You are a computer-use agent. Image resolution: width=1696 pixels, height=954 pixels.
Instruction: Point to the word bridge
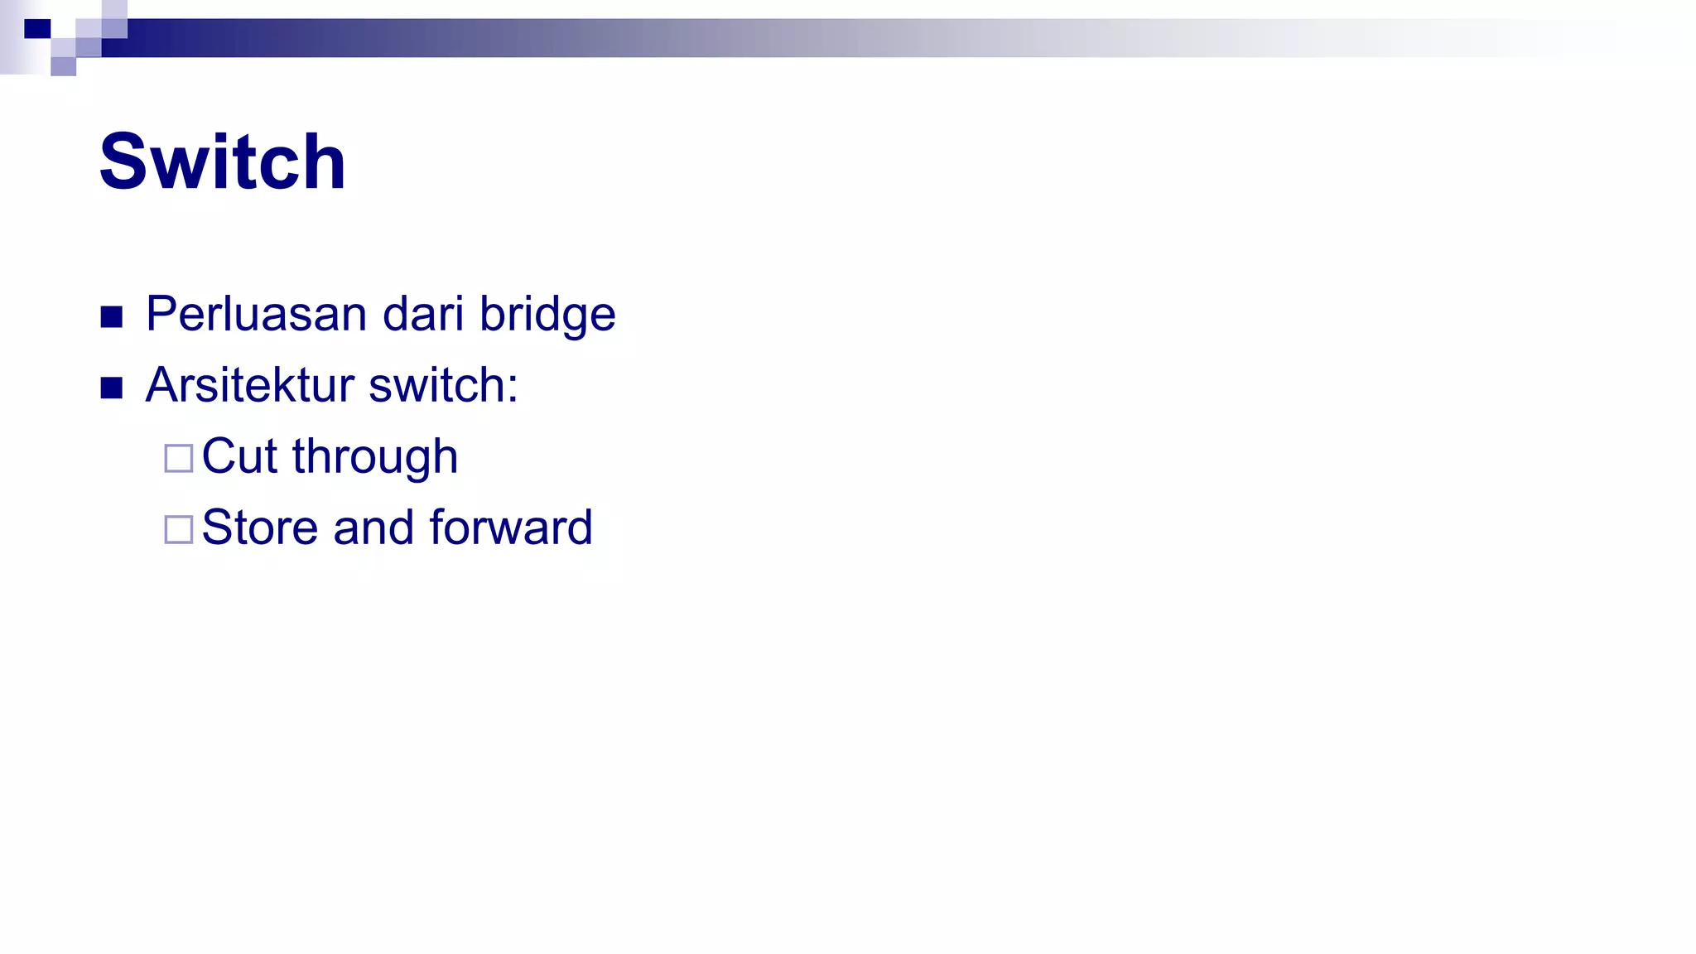547,316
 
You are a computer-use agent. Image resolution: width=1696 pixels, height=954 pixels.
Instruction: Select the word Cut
239,456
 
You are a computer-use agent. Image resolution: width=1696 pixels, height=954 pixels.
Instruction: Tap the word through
375,458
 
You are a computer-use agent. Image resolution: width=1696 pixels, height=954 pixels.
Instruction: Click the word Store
259,528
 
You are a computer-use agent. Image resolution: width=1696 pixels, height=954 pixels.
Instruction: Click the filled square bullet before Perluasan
112,317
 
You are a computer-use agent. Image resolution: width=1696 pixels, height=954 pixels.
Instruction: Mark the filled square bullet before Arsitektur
112,388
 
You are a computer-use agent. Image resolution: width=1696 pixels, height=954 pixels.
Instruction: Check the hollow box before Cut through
179,458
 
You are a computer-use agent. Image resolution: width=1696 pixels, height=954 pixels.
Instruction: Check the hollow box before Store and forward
179,529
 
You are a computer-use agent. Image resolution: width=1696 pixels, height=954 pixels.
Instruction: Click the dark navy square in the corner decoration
37,29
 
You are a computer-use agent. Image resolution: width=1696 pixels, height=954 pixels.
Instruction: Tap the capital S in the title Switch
123,161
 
